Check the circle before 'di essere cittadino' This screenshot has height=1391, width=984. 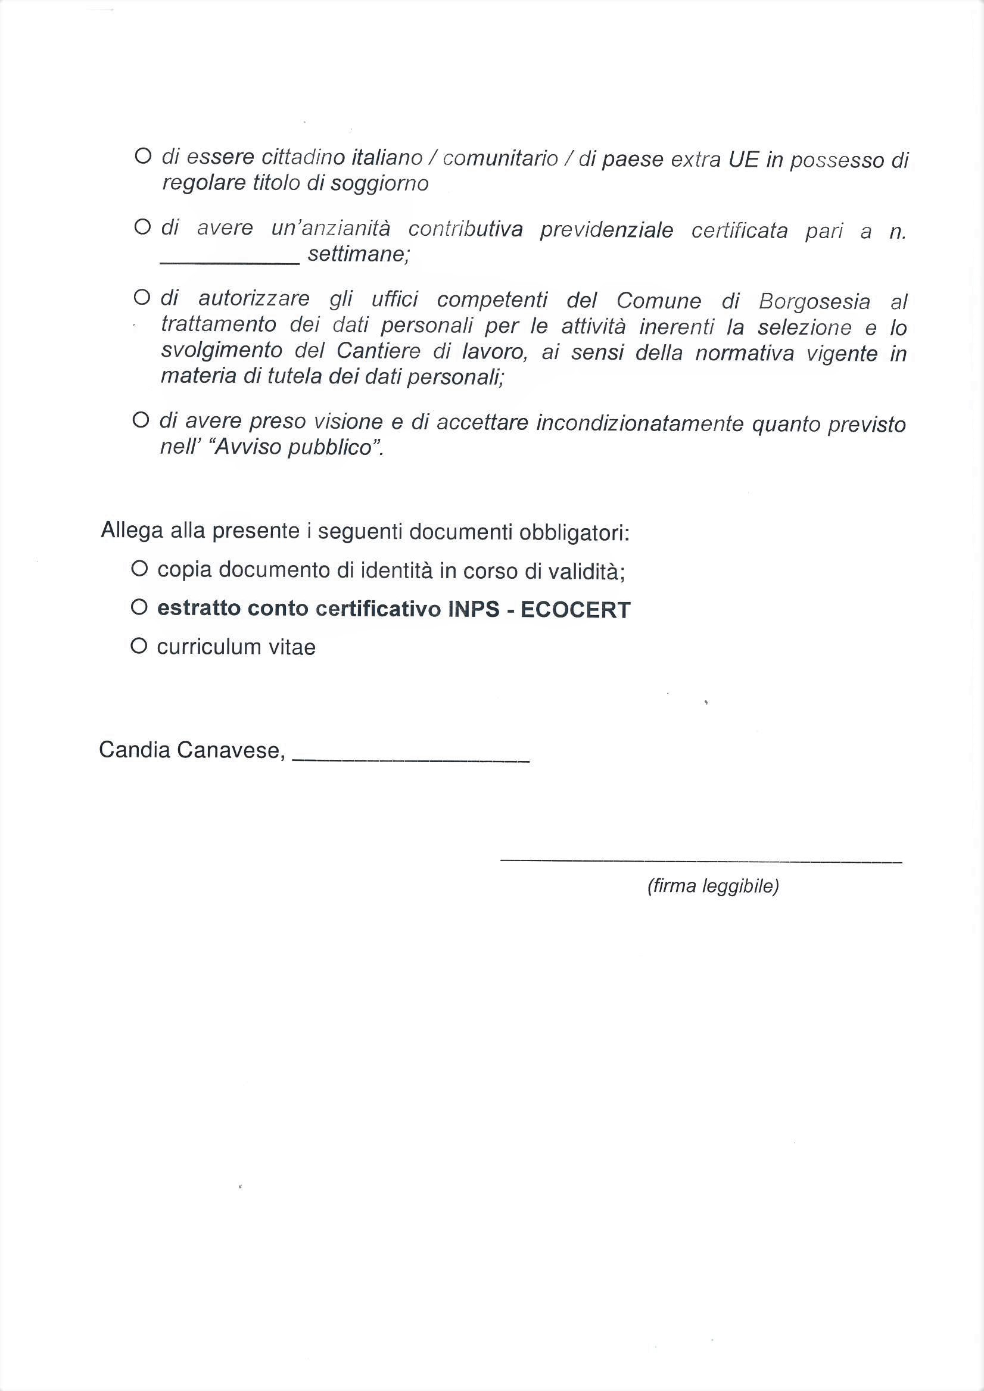point(142,156)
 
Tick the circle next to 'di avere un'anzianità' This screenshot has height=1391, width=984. point(142,227)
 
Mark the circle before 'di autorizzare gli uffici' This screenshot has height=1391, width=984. point(142,298)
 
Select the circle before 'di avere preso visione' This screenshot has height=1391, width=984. point(141,420)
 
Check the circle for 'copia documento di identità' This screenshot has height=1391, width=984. point(139,569)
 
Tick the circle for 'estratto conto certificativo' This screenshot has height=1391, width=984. point(139,607)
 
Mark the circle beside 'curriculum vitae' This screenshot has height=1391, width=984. point(139,647)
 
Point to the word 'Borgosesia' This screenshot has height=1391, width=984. point(814,302)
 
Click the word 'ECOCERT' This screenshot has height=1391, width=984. point(575,610)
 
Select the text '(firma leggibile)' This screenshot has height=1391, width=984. point(713,886)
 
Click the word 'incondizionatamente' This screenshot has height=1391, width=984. point(639,423)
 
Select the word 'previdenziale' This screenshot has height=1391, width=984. point(606,230)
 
